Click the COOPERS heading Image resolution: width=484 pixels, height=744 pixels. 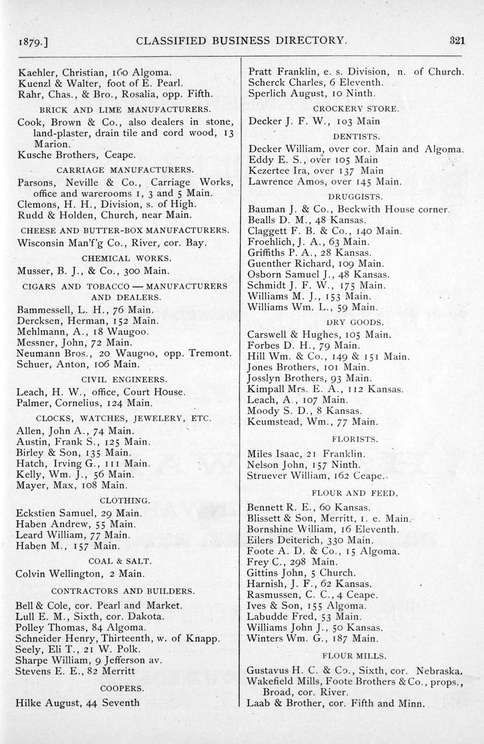pos(122,688)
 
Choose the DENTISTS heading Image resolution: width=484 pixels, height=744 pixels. pos(356,136)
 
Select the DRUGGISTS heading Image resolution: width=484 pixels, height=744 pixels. pos(356,196)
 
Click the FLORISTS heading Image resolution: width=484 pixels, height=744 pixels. pos(356,439)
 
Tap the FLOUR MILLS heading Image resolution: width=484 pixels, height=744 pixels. pos(355,656)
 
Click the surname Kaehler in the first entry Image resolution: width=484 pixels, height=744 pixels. pos(37,72)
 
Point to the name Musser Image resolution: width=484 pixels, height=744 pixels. pos(34,271)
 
